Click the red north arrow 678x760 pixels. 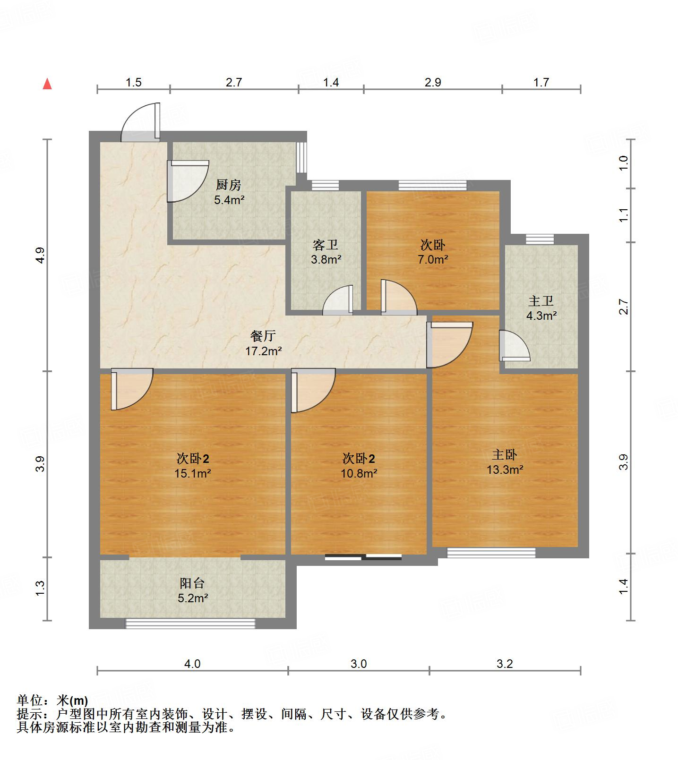(x=47, y=84)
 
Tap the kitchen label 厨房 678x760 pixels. (x=229, y=185)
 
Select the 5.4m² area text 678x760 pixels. (x=229, y=200)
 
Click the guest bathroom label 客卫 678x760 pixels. (x=326, y=245)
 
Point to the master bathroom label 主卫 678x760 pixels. (x=541, y=300)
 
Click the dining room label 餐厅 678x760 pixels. (x=263, y=336)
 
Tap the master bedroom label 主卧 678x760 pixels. (x=505, y=454)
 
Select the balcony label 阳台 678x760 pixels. (x=192, y=583)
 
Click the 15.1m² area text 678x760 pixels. (x=193, y=473)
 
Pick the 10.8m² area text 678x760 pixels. (x=359, y=473)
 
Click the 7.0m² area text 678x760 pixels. (x=432, y=259)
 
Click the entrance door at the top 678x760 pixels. (x=140, y=122)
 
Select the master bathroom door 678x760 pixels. (x=515, y=346)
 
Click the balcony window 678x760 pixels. (x=190, y=623)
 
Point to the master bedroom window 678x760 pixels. (x=491, y=553)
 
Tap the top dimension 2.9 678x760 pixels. (x=433, y=83)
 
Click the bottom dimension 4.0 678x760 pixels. (x=192, y=664)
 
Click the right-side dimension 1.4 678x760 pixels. (x=624, y=587)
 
